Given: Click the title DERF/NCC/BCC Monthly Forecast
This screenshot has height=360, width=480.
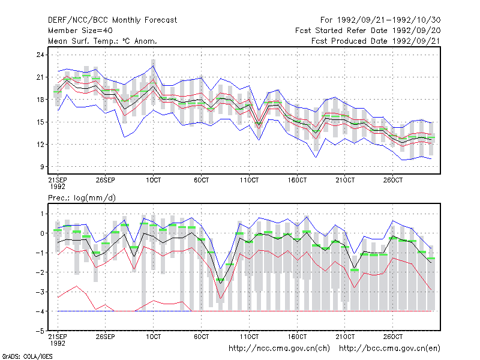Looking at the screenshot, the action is (112, 20).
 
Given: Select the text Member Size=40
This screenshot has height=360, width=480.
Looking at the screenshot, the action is (80, 31).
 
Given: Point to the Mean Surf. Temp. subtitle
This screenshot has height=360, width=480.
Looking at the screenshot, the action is (102, 41).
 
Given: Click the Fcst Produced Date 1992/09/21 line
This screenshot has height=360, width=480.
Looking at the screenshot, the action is (376, 41).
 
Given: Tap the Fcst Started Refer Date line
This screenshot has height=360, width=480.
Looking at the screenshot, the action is (368, 31).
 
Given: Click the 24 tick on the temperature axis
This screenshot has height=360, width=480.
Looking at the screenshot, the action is (40, 55).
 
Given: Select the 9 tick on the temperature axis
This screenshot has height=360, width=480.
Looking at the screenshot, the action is (42, 167).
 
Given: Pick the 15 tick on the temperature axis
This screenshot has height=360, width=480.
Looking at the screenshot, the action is (40, 122).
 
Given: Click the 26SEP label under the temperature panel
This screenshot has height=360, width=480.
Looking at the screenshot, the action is (106, 180).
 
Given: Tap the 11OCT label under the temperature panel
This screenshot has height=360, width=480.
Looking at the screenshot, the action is (249, 180).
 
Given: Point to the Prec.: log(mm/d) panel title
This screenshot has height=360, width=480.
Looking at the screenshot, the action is (82, 198).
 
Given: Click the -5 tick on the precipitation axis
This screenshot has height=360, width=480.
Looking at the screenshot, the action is (40, 331).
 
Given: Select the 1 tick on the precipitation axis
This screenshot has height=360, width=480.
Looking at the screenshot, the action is (42, 214).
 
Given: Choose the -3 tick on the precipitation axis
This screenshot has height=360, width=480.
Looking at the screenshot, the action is (40, 292).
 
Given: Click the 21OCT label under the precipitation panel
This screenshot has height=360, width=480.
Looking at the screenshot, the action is (345, 337).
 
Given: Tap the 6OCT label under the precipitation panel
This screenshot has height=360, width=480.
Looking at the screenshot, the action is (201, 337).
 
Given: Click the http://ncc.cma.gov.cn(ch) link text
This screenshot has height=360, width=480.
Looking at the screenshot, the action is (279, 349).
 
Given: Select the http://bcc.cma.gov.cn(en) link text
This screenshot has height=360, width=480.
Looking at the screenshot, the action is (389, 349).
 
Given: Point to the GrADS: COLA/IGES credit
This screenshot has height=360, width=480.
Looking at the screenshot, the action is (27, 356).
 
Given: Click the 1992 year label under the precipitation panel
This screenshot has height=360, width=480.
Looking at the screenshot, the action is (58, 343).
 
